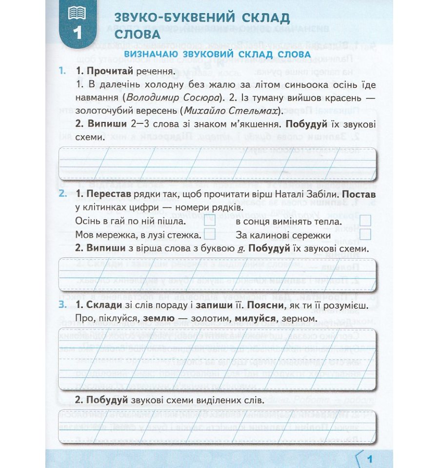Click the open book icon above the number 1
[x=77, y=13]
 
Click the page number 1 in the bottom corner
[x=369, y=459]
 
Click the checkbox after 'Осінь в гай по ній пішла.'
[x=210, y=221]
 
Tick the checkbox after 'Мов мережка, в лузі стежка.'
[x=210, y=234]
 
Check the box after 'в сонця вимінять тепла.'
[x=365, y=221]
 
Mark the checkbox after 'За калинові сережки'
[x=365, y=234]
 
